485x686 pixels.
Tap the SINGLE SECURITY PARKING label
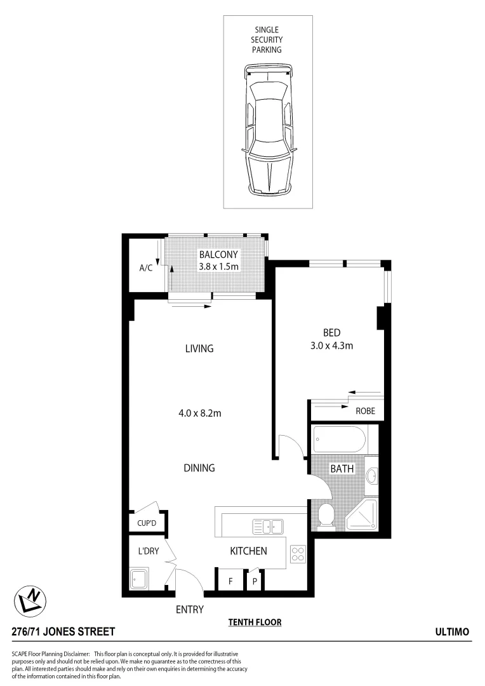(x=267, y=39)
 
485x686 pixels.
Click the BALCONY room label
(x=218, y=255)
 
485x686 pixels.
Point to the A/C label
(x=146, y=268)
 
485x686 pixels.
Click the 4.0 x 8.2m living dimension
(x=199, y=413)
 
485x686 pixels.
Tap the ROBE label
(x=365, y=411)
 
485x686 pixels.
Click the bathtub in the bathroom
(x=340, y=438)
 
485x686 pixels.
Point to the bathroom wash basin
(x=373, y=474)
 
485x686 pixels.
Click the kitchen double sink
(x=269, y=526)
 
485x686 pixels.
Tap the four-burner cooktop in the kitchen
(x=298, y=553)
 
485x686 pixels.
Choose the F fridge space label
(x=230, y=581)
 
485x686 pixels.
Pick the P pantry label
(x=255, y=581)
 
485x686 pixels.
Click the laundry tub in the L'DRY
(x=138, y=579)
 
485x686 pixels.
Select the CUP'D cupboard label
(x=147, y=524)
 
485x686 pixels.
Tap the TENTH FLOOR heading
(x=255, y=622)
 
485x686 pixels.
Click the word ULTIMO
(x=452, y=631)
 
